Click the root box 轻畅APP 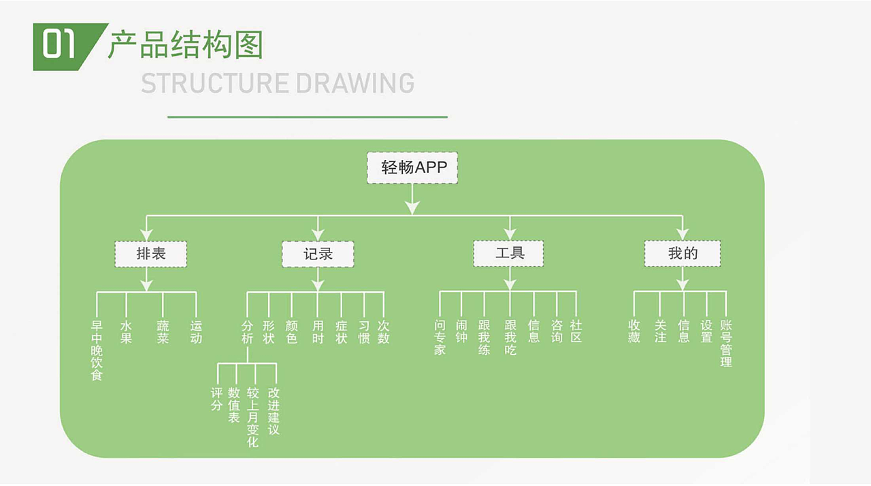click(412, 167)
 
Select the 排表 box click(150, 254)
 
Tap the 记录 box click(318, 254)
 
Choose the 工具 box click(509, 253)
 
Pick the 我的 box click(683, 254)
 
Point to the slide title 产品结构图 click(185, 45)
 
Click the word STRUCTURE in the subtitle click(214, 83)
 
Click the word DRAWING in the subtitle click(355, 83)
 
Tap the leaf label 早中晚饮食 click(97, 351)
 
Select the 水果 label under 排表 click(126, 332)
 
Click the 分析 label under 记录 click(247, 332)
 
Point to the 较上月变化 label click(252, 417)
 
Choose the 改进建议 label click(274, 411)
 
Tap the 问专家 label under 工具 click(440, 338)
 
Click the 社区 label click(576, 332)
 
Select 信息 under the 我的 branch click(684, 332)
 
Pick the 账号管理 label click(726, 344)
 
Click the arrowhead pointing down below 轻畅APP click(412, 208)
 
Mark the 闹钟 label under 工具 click(461, 332)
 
